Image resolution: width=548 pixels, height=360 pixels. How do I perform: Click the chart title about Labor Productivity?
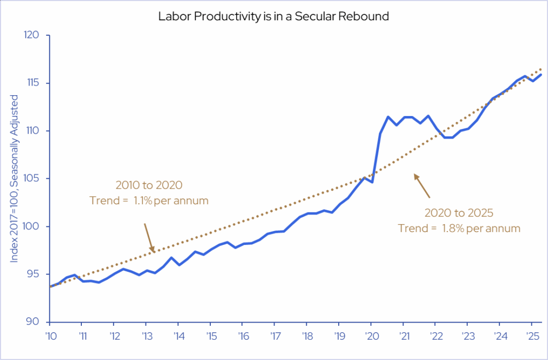(x=273, y=16)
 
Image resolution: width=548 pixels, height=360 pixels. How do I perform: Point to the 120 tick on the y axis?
(x=33, y=35)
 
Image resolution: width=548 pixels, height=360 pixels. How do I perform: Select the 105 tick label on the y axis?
(x=33, y=179)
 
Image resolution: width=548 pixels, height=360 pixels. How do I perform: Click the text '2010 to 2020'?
(x=149, y=186)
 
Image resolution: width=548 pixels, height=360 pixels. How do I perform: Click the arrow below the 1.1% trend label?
(x=149, y=237)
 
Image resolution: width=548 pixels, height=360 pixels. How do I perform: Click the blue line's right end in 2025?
(x=542, y=74)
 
